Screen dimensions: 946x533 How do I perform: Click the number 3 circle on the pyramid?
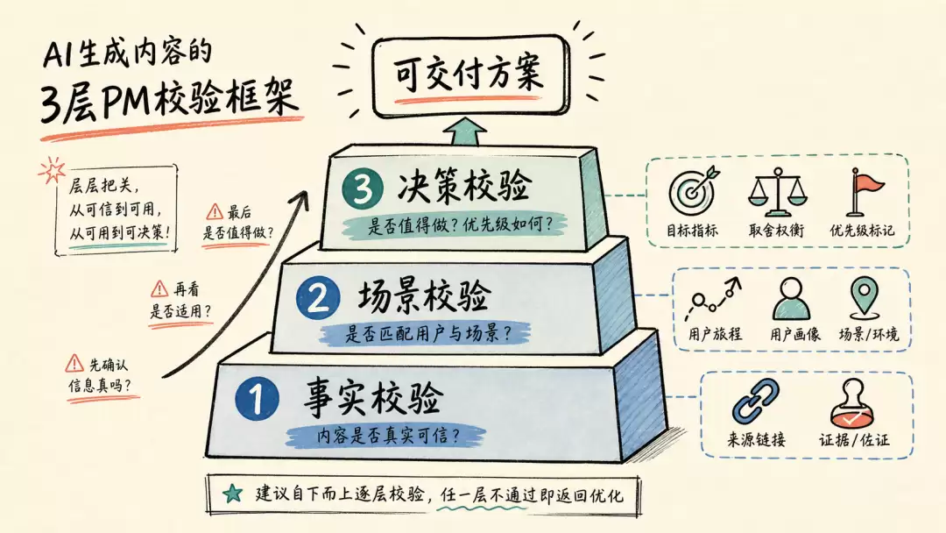362,188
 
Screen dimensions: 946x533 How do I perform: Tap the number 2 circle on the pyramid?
318,297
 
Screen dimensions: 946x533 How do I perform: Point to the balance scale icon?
776,192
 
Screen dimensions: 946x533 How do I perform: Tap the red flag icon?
864,191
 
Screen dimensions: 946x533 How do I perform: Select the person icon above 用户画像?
792,299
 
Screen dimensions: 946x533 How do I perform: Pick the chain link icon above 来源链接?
755,402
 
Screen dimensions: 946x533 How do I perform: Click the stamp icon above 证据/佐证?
851,403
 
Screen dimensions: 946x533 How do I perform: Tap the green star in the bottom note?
232,494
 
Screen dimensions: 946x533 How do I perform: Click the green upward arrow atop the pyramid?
464,131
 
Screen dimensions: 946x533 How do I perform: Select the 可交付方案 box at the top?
470,75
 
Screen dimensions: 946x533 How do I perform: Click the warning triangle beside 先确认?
74,364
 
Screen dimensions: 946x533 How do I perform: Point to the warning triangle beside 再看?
159,288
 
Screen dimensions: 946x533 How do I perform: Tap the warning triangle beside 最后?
215,211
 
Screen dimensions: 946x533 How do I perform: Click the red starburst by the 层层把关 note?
52,170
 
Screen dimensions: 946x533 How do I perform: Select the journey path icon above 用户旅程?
712,299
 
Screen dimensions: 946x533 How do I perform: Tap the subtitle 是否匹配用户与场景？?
427,333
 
